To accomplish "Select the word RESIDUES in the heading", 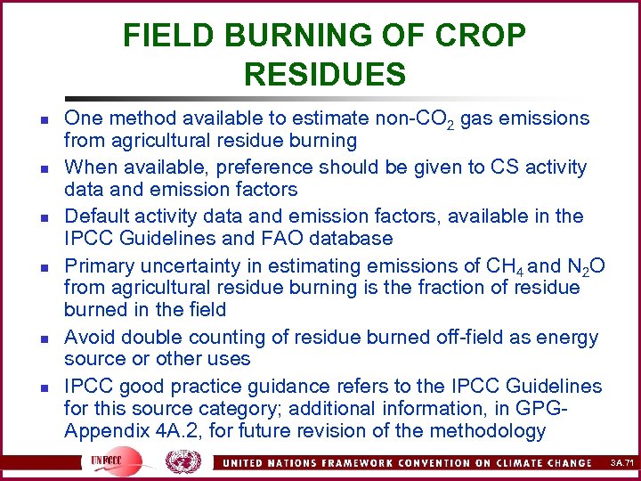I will pos(324,74).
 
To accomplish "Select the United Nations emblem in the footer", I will pos(183,461).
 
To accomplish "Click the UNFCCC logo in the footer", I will pos(111,461).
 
